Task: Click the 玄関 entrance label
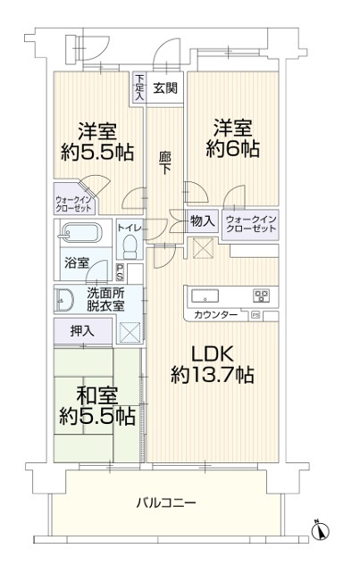[165, 88]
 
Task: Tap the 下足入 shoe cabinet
[139, 88]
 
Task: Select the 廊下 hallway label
[165, 163]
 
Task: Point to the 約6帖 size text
[232, 149]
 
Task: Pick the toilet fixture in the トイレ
[130, 247]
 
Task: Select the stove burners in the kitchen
[263, 295]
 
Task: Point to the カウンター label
[215, 315]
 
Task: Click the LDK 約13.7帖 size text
[213, 365]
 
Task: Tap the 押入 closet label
[82, 331]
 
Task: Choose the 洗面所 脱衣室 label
[105, 299]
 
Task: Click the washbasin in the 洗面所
[64, 300]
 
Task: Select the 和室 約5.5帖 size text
[97, 406]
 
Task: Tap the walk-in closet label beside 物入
[251, 224]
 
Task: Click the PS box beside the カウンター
[255, 315]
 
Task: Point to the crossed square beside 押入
[130, 331]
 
